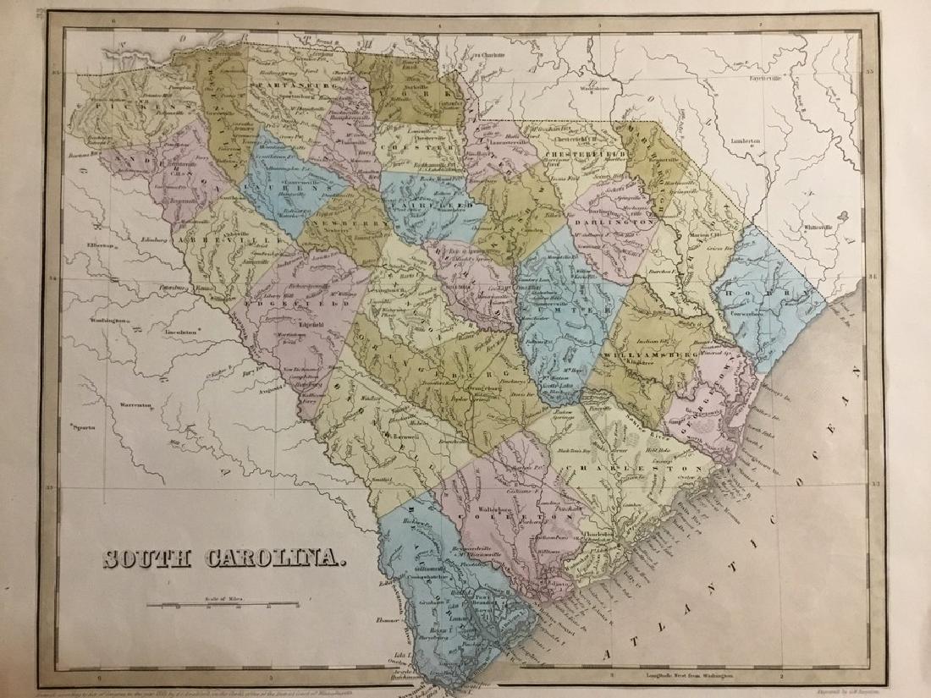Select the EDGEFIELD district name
pyautogui.click(x=295, y=300)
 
